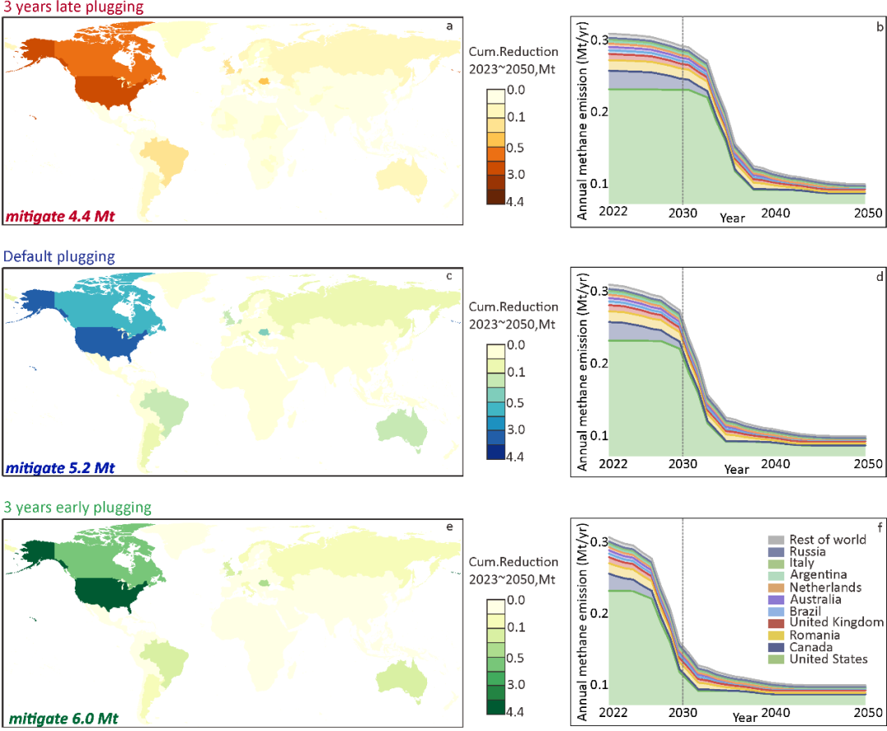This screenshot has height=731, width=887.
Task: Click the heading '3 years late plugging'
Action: coord(73,7)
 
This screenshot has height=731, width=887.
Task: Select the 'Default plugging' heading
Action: coord(59,256)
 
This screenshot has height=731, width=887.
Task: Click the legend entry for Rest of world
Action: coord(827,540)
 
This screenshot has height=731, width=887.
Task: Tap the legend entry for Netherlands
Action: coord(825,587)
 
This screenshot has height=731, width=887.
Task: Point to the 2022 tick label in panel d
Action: coord(612,464)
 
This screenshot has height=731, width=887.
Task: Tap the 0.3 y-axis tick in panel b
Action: coord(594,40)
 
